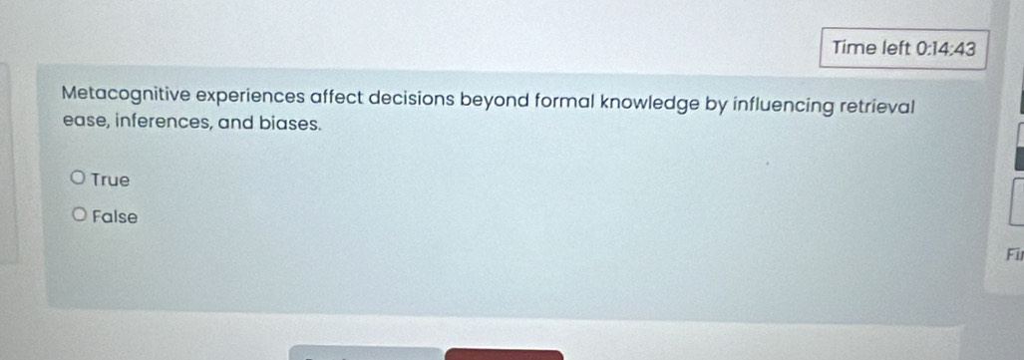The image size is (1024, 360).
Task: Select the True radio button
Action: [79, 180]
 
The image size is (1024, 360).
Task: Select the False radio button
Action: [79, 215]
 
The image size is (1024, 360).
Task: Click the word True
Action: [110, 180]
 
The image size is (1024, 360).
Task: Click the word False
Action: [115, 216]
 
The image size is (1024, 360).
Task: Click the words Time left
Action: [877, 48]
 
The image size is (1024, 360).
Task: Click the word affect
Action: [311, 100]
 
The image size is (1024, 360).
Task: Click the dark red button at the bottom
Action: [504, 353]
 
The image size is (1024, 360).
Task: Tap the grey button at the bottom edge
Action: [365, 353]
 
